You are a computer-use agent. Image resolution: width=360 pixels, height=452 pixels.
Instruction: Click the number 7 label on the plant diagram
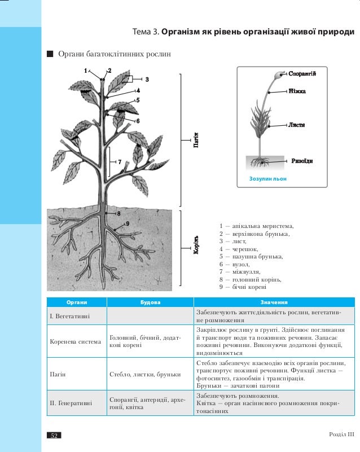click(120, 162)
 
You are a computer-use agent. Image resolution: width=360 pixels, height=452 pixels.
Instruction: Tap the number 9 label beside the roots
click(128, 223)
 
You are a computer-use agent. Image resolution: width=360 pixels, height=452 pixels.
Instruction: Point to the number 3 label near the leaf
click(146, 79)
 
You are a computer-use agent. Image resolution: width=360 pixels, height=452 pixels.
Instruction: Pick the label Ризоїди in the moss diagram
click(301, 161)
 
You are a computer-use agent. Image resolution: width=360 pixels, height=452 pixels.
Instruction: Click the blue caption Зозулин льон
click(268, 178)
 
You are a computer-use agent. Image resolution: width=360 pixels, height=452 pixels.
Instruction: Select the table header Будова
click(150, 302)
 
